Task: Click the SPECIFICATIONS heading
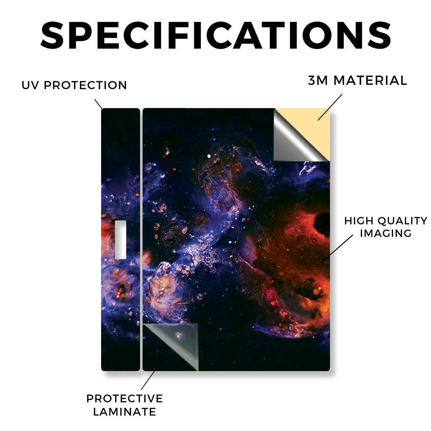pyautogui.click(x=216, y=35)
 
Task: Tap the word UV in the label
pyautogui.click(x=30, y=85)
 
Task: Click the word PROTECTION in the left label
pyautogui.click(x=85, y=85)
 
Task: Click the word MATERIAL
pyautogui.click(x=370, y=80)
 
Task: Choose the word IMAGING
pyautogui.click(x=386, y=233)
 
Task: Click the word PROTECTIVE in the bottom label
pyautogui.click(x=125, y=399)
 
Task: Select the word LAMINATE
pyautogui.click(x=125, y=412)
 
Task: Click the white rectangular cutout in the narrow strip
pyautogui.click(x=120, y=239)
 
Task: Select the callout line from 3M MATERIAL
pyautogui.click(x=330, y=107)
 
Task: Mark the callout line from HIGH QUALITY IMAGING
pyautogui.click(x=337, y=248)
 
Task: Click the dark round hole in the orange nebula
pyautogui.click(x=322, y=221)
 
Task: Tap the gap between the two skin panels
pyautogui.click(x=141, y=239)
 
